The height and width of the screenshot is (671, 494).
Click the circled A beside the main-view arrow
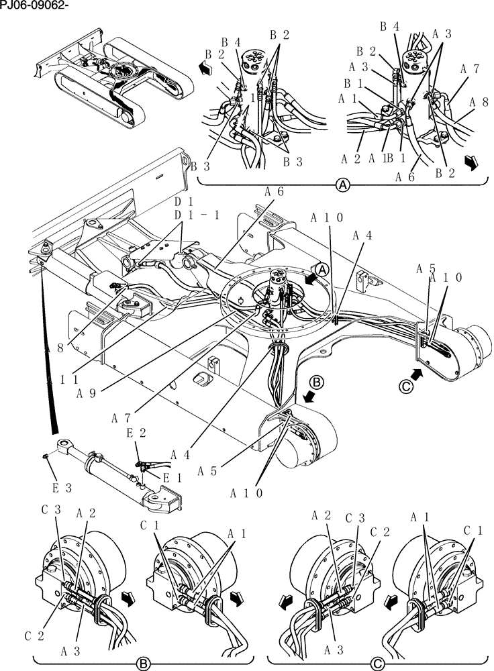click(322, 269)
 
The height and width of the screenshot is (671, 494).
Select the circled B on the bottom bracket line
click(142, 664)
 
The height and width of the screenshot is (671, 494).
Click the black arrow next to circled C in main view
click(416, 372)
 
